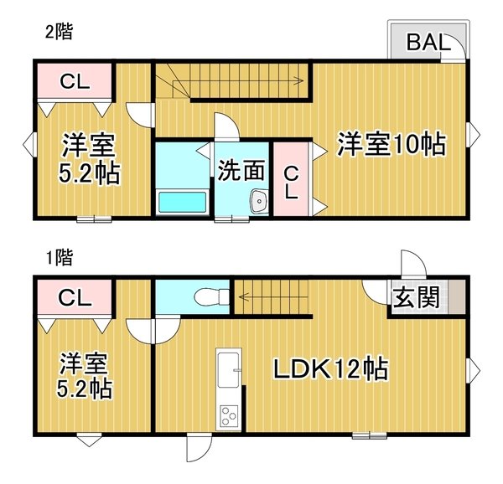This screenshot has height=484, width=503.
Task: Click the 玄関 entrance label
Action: tap(417, 297)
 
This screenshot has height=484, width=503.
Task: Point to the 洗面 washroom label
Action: tap(241, 171)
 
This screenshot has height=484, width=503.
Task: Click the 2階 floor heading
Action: tap(59, 33)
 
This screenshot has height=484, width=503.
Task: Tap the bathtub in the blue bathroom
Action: tap(182, 202)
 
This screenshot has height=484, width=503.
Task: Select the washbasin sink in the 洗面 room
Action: tap(258, 201)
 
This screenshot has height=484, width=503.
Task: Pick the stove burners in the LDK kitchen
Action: tap(229, 414)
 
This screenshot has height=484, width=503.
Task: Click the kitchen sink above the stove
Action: tap(228, 368)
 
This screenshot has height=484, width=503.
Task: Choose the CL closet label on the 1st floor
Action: tap(74, 297)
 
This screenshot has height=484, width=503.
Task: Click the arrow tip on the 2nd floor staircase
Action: tap(302, 81)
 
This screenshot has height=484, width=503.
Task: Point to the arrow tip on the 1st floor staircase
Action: tap(237, 295)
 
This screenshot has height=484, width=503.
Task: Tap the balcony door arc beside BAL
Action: tap(458, 50)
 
